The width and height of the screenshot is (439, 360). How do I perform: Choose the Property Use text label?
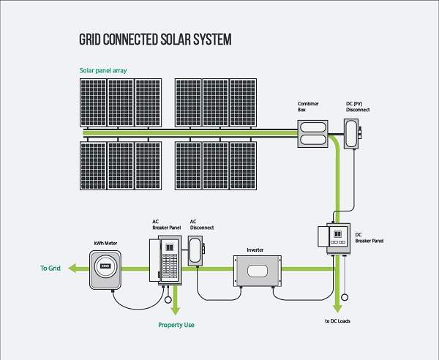click(x=176, y=324)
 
